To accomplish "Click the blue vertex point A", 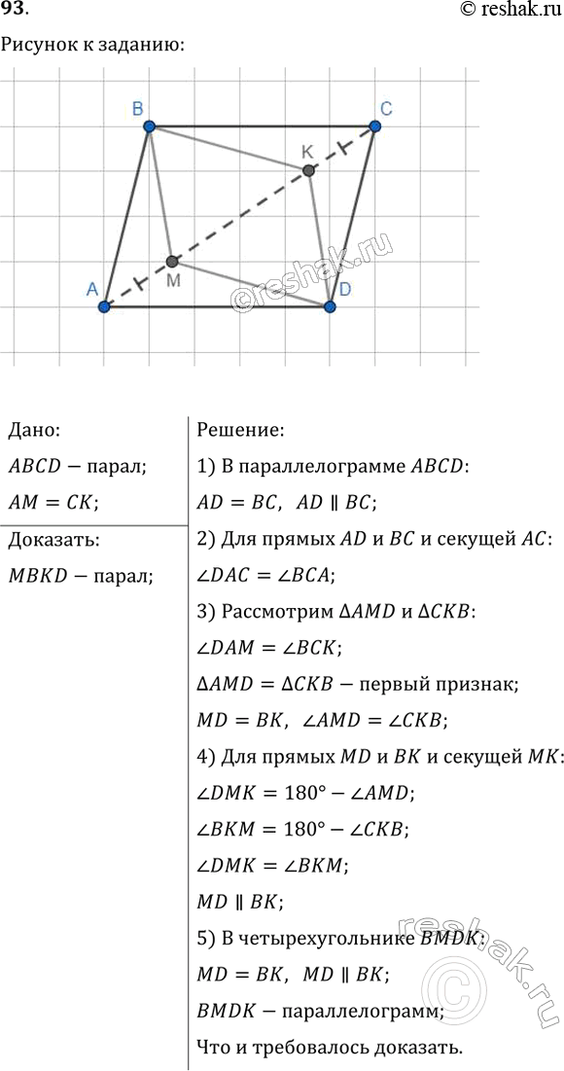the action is tap(104, 307).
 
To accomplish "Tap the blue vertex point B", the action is tap(149, 126).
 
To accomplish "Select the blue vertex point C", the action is tap(375, 126).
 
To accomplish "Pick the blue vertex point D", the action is tap(331, 307).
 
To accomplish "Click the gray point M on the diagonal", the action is tap(172, 262).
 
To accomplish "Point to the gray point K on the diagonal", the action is tap(308, 170).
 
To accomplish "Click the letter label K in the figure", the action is tap(307, 151).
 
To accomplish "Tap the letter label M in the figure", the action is tap(173, 281).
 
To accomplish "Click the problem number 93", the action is tap(17, 11).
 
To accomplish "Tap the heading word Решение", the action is tap(240, 429).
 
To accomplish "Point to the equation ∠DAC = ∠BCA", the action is tap(264, 576).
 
